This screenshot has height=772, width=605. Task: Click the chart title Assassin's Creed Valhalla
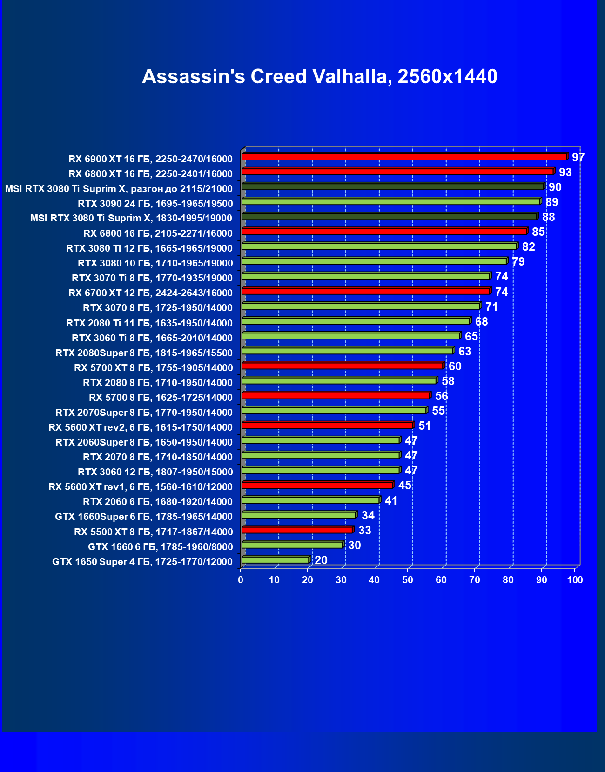pyautogui.click(x=320, y=77)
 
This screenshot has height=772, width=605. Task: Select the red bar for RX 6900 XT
pyautogui.click(x=404, y=157)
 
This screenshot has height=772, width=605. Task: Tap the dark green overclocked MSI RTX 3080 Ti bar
pyautogui.click(x=392, y=186)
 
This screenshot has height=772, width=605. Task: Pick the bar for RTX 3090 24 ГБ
pyautogui.click(x=390, y=201)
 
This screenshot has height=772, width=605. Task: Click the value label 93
pyautogui.click(x=565, y=173)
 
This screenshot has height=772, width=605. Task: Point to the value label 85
pyautogui.click(x=538, y=232)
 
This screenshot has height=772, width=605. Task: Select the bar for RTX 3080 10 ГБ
pyautogui.click(x=374, y=261)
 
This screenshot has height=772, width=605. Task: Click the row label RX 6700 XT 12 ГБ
pyautogui.click(x=150, y=293)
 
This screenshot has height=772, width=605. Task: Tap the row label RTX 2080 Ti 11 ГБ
pyautogui.click(x=149, y=323)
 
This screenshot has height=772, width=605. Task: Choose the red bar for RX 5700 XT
pyautogui.click(x=343, y=366)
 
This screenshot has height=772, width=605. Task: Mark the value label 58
pyautogui.click(x=448, y=381)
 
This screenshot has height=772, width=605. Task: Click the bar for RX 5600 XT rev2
pyautogui.click(x=327, y=426)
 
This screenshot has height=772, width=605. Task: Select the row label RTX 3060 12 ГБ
pyautogui.click(x=155, y=472)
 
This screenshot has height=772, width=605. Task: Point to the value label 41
pyautogui.click(x=391, y=501)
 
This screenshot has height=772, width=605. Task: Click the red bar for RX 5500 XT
pyautogui.click(x=297, y=530)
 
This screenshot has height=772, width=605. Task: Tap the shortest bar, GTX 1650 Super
pyautogui.click(x=276, y=560)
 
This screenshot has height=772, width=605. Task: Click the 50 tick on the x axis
pyautogui.click(x=408, y=580)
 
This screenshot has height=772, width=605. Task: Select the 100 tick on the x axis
pyautogui.click(x=575, y=580)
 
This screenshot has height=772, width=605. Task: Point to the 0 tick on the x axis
pyautogui.click(x=241, y=580)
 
